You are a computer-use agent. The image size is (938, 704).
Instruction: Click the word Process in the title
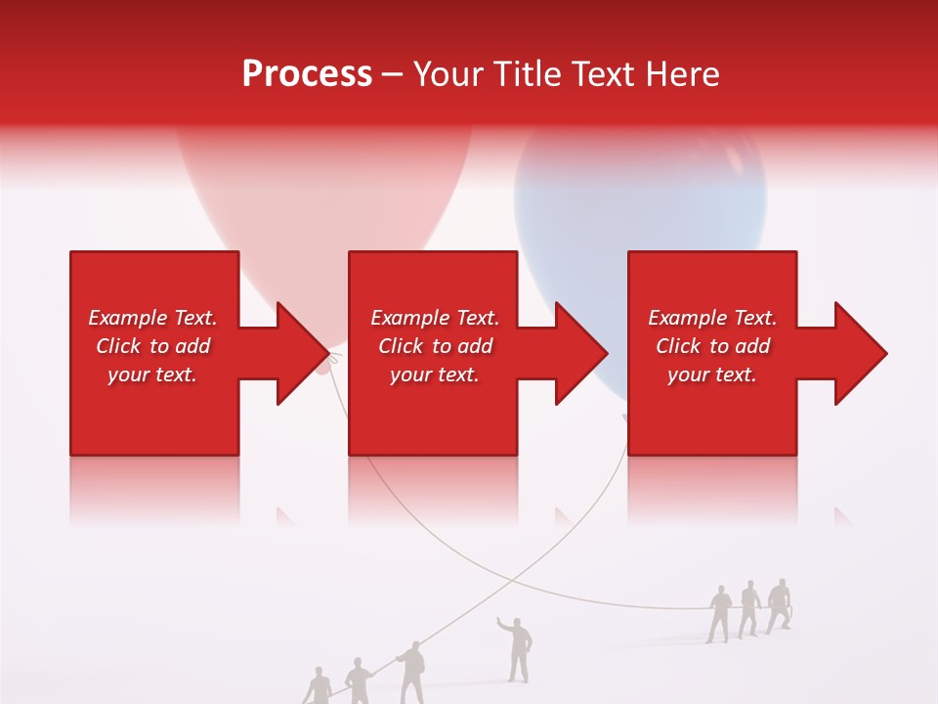pos(307,74)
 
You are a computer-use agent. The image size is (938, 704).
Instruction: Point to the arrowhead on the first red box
pos(298,353)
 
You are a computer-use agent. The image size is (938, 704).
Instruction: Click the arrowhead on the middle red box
pos(576,353)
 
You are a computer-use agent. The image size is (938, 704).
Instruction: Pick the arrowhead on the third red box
pos(856,353)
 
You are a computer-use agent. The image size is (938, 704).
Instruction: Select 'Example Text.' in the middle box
pos(435,318)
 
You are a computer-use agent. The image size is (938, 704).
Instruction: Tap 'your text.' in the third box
pos(711,374)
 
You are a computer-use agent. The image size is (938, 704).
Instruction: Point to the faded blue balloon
pos(640,215)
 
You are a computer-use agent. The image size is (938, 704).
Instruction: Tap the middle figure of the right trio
pos(749,609)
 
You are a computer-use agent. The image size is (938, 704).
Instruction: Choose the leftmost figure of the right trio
pos(720,613)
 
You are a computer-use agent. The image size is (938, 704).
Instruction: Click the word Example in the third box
pos(685,318)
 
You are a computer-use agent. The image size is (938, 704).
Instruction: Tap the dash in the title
pos(393,74)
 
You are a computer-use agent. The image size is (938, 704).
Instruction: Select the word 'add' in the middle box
pos(475,346)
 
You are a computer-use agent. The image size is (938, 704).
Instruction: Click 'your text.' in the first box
pos(152,374)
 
